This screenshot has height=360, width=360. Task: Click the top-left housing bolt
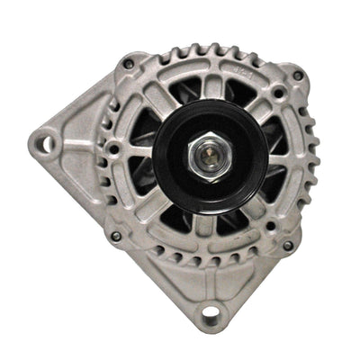click(x=130, y=64)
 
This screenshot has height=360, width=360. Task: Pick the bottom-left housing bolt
click(x=116, y=236)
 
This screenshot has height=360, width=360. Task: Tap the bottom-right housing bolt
click(x=287, y=245)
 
